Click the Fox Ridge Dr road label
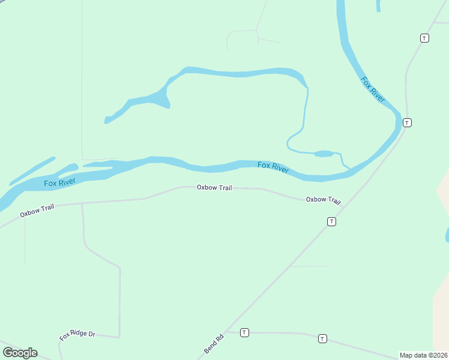coord(77,335)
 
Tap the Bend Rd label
coord(214,343)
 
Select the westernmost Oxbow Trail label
coord(37,210)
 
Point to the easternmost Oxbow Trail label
coord(324,200)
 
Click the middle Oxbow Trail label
coord(214,188)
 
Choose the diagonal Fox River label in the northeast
coord(373,89)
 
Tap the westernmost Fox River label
coord(59,181)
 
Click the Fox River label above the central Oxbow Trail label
coord(273,167)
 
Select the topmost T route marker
coord(424,38)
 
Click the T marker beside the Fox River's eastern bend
coord(407,122)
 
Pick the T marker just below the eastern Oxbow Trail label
coord(331,222)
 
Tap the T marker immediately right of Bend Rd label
coord(244,332)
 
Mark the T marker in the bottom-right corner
coord(322,338)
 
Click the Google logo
coord(20,353)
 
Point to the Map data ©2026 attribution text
coord(424,355)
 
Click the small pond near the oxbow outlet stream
coord(324,154)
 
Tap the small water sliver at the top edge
coord(378,5)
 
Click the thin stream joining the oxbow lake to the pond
coord(305,114)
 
